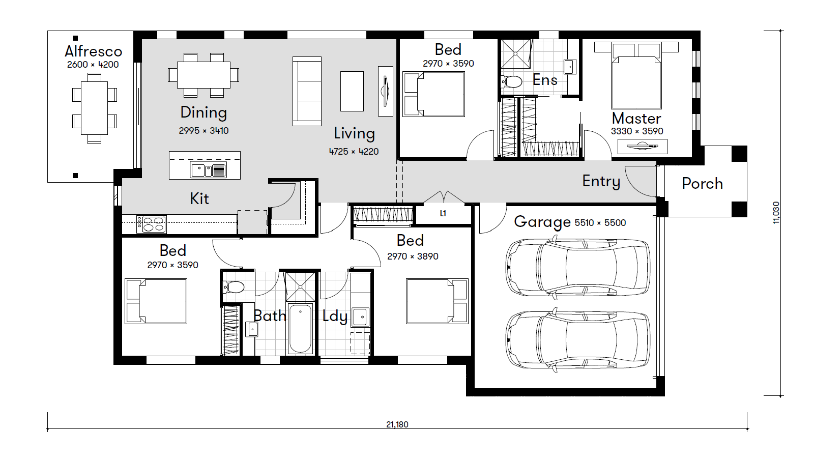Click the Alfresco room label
94,51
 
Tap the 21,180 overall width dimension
397,424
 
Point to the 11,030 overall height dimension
775,213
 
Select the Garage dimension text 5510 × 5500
600,222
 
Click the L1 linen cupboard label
443,213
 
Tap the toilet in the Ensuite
512,81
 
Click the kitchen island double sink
209,170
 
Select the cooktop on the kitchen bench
151,224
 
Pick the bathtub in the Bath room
300,329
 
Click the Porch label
703,184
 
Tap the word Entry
601,181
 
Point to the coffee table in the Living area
352,91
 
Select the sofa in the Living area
307,91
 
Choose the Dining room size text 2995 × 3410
204,131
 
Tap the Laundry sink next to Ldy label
360,317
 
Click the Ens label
545,80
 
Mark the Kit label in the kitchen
199,199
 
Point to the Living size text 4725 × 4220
354,152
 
